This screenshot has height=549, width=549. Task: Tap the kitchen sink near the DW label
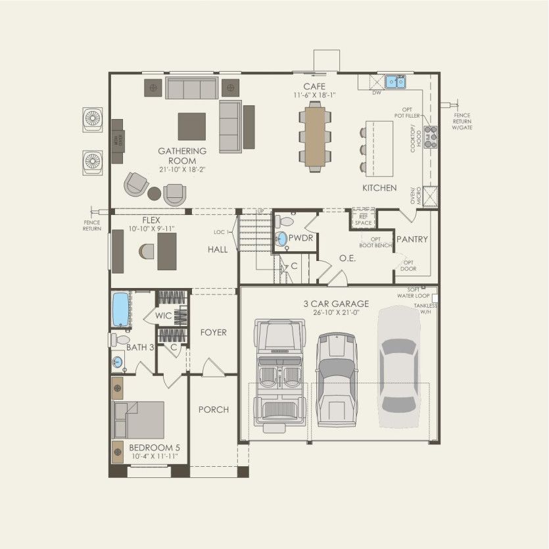(x=395, y=82)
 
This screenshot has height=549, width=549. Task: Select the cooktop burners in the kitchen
(x=431, y=137)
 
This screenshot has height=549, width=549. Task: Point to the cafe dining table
(x=315, y=136)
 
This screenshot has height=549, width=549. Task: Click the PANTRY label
(x=412, y=239)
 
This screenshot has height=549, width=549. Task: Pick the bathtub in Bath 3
(x=120, y=310)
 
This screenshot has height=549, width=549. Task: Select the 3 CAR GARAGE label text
(x=336, y=304)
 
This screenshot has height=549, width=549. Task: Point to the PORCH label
(x=214, y=410)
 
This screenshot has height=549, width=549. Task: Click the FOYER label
(x=214, y=333)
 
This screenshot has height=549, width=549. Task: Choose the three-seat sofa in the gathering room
(x=191, y=87)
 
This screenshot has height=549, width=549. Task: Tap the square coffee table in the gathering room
(x=191, y=126)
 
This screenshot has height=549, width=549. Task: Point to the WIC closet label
(x=164, y=316)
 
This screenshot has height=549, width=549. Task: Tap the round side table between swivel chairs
(x=154, y=193)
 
